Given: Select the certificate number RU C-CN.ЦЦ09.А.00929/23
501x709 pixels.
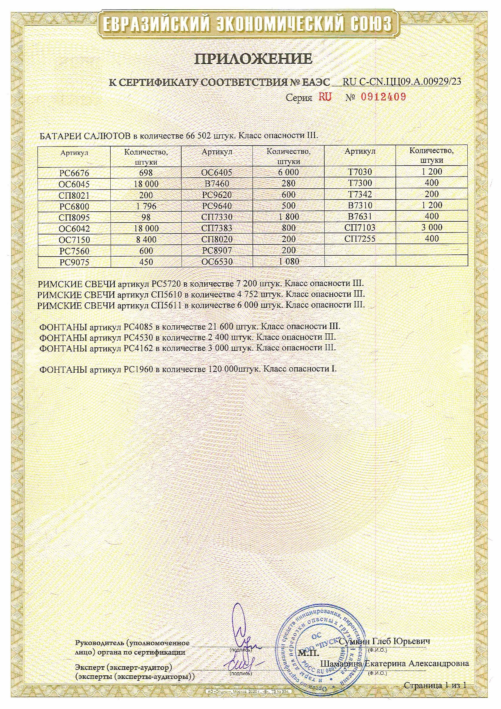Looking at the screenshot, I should pos(402,82).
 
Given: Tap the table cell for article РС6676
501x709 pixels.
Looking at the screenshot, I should pos(74,173).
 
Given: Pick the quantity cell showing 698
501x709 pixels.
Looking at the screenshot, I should pos(146,173).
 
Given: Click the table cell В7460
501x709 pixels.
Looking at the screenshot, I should pos(217,183).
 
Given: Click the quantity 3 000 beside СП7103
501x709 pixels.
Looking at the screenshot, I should pos(432,227).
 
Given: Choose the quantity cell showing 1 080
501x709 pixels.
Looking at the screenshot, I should pos(289,261).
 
